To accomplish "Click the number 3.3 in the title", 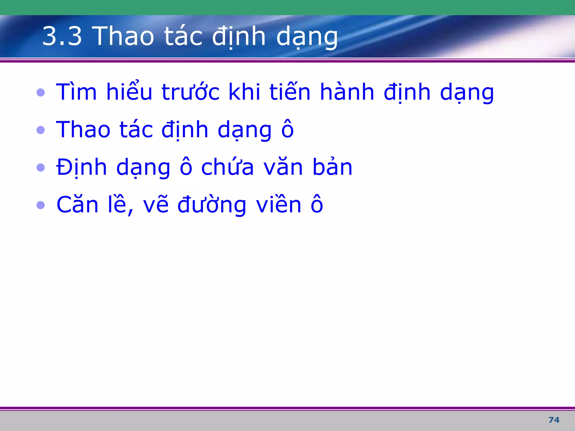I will [62, 36].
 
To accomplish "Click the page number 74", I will [554, 420].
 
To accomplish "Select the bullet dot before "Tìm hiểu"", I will [41, 92].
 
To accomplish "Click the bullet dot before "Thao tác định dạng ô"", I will [41, 130].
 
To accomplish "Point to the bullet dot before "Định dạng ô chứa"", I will [41, 168].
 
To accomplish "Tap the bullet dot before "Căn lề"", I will [41, 205].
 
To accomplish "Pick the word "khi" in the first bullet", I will [245, 92].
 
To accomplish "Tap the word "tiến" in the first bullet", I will [290, 92].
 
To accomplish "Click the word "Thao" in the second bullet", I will [83, 130].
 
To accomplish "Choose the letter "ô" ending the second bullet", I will [287, 130].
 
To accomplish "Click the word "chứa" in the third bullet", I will [227, 167].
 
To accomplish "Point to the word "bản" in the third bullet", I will [332, 167].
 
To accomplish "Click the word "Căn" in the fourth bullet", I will [77, 205].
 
